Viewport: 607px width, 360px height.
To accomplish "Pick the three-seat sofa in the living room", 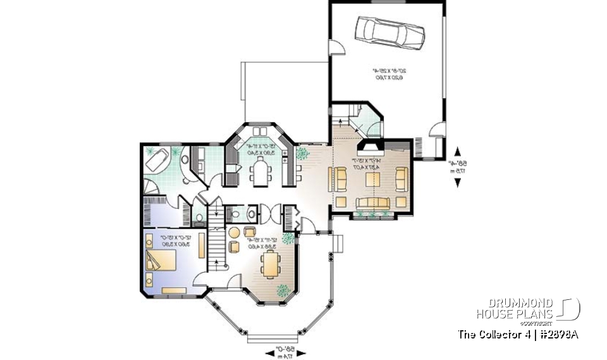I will (371, 202).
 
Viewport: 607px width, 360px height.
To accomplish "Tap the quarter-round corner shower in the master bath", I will (152, 187).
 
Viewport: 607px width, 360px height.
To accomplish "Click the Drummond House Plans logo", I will (529, 309).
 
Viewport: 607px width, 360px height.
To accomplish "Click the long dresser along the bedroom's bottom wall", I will (173, 290).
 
